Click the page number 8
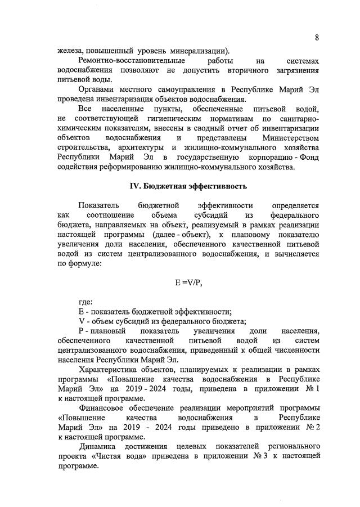click(x=317, y=38)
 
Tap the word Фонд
click(x=308, y=158)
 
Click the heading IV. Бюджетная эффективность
click(x=188, y=186)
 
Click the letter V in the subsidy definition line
click(x=81, y=321)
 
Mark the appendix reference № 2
click(x=310, y=428)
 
